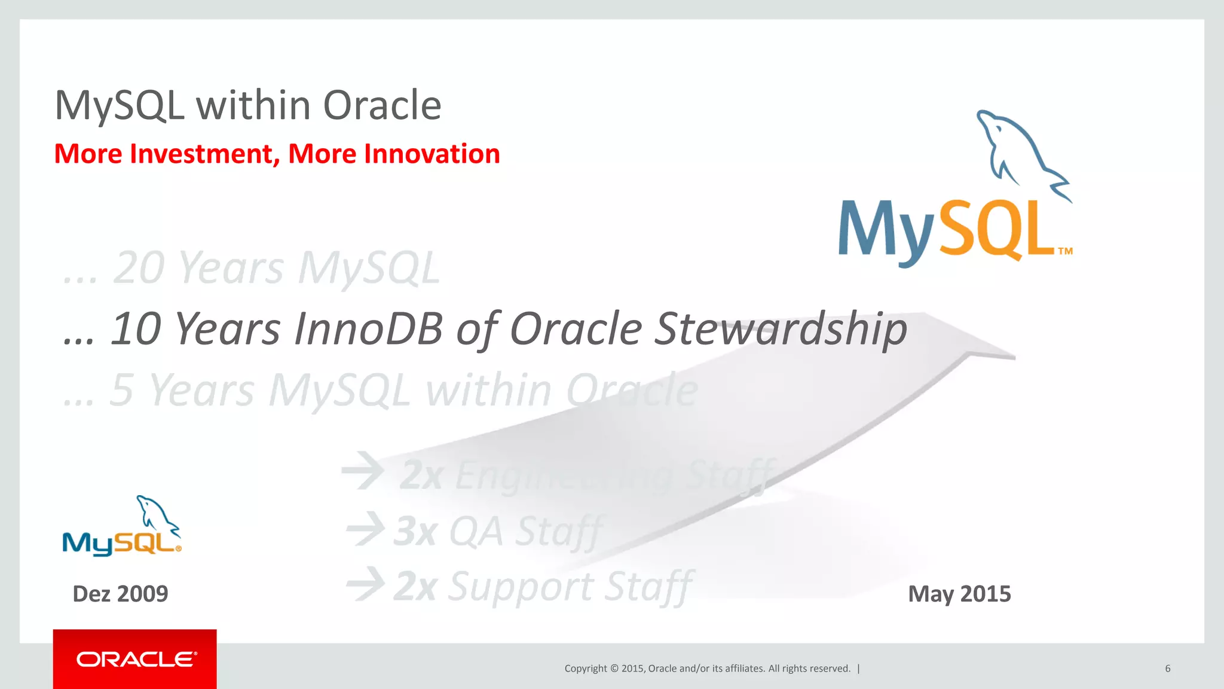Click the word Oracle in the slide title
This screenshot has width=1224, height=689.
point(382,105)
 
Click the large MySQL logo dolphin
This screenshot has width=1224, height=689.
point(1020,153)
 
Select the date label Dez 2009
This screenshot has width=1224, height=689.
point(120,594)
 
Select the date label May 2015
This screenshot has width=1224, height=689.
point(959,594)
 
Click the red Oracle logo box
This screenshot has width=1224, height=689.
point(134,658)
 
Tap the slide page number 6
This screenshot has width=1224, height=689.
point(1167,669)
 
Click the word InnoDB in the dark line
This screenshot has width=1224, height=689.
point(368,329)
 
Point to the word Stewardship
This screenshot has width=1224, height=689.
point(781,329)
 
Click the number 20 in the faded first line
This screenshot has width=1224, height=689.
point(138,267)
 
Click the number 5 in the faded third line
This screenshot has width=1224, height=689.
point(121,390)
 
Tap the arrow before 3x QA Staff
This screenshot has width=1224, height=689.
point(366,529)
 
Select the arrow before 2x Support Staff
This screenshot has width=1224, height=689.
point(366,584)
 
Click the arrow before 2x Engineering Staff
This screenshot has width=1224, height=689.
point(363,471)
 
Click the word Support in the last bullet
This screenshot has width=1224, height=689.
point(520,587)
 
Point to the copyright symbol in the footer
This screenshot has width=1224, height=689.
point(614,669)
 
